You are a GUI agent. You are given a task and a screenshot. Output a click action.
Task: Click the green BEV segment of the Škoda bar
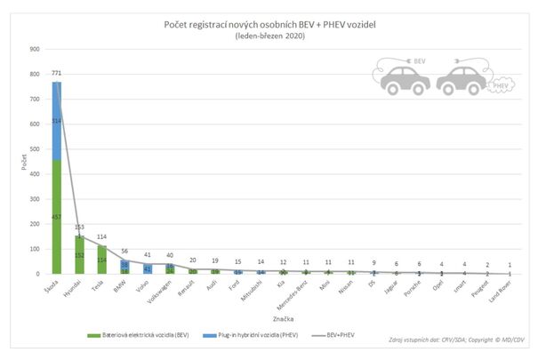click(x=56, y=218)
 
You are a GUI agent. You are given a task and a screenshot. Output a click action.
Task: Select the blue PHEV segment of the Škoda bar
click(x=56, y=121)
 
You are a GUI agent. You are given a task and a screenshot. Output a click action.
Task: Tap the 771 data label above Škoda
click(x=57, y=75)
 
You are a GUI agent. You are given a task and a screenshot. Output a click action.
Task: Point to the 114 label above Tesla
click(x=101, y=237)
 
